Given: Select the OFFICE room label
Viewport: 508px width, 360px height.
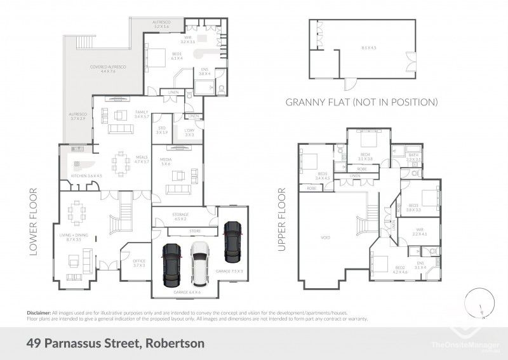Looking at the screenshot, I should coord(139,263).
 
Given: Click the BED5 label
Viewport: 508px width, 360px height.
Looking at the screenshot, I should coord(323,176).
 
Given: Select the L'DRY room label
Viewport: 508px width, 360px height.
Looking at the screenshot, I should coord(189,132).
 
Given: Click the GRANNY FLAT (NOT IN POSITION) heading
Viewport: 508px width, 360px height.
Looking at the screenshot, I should coord(362,102).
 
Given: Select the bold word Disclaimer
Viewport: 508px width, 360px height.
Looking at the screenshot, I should coord(39,313).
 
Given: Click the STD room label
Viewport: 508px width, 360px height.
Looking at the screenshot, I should coord(162,130).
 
